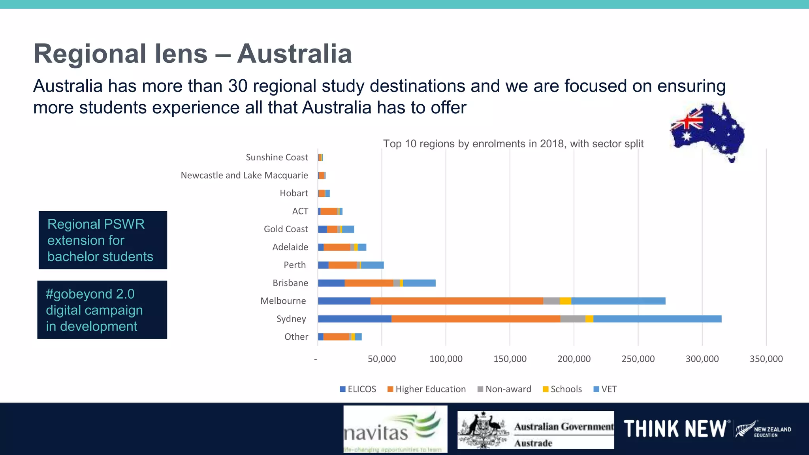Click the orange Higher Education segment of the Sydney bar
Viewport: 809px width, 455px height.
pyautogui.click(x=476, y=319)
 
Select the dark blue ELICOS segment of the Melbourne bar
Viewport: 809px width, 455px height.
pyautogui.click(x=344, y=301)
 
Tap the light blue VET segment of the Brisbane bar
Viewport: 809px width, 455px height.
pyautogui.click(x=419, y=283)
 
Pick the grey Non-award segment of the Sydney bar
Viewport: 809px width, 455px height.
pyautogui.click(x=573, y=319)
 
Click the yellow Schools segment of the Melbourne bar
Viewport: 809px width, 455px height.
pyautogui.click(x=565, y=301)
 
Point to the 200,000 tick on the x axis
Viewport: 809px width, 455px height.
pyautogui.click(x=574, y=359)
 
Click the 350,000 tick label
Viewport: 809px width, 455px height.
pyautogui.click(x=766, y=359)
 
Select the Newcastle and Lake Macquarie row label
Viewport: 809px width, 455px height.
pyautogui.click(x=244, y=175)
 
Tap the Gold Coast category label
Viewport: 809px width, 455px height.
pyautogui.click(x=286, y=229)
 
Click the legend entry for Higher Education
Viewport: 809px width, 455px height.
pyautogui.click(x=427, y=389)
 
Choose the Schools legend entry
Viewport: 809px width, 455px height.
pyautogui.click(x=562, y=389)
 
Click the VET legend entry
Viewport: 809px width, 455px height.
pyautogui.click(x=605, y=389)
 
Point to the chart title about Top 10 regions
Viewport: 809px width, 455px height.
pyautogui.click(x=513, y=144)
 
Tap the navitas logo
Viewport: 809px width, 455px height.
pyautogui.click(x=395, y=429)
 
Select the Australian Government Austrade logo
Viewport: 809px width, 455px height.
pyautogui.click(x=536, y=430)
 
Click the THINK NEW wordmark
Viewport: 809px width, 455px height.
pyautogui.click(x=675, y=429)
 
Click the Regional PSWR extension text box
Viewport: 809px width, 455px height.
pyautogui.click(x=103, y=240)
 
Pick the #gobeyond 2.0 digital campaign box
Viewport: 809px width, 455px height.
pyautogui.click(x=102, y=310)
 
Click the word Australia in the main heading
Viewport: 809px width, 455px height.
pyautogui.click(x=294, y=54)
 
